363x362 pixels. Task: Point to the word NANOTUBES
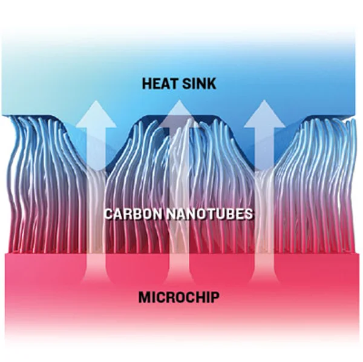tap(210, 213)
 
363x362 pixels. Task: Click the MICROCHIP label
tap(178, 297)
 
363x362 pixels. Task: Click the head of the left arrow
tap(96, 114)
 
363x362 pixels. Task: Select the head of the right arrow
tap(264, 113)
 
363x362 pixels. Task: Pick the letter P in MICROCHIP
tap(215, 297)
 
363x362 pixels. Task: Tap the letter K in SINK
tap(212, 84)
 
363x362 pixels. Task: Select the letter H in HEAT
tap(147, 84)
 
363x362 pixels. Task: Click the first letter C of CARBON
tap(109, 213)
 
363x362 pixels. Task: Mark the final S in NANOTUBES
tap(249, 213)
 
